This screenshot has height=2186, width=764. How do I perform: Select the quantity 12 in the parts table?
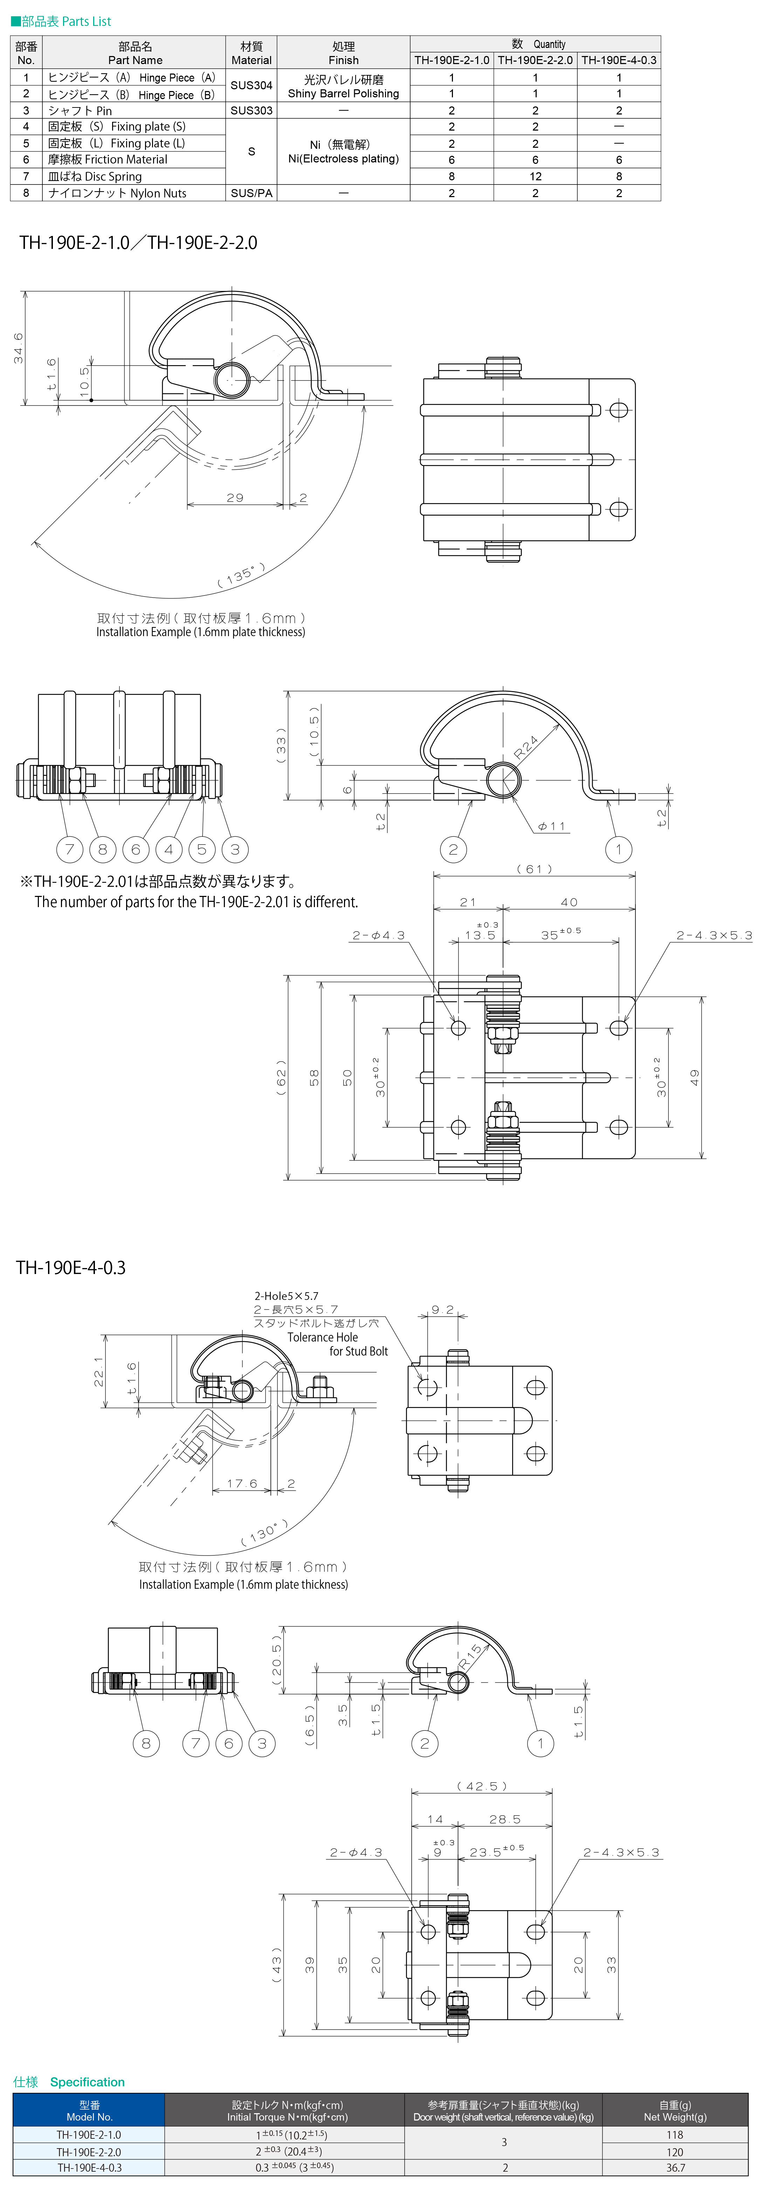(536, 176)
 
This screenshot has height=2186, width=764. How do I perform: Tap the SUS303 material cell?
(251, 110)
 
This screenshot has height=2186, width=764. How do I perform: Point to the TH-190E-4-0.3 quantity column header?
(619, 60)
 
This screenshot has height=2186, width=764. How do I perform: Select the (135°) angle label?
(241, 575)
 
